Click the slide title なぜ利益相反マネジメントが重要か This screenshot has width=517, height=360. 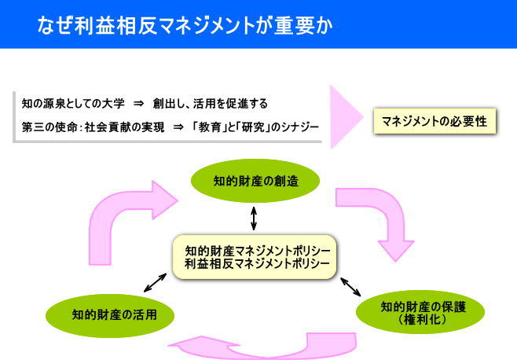[185, 26]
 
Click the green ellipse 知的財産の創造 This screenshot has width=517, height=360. [255, 181]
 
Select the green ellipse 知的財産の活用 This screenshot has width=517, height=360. [110, 315]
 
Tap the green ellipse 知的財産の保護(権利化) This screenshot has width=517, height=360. [420, 312]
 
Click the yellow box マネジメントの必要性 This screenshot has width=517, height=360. [434, 121]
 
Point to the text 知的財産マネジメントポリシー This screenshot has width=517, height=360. [258, 251]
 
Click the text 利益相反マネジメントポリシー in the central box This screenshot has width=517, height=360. [257, 263]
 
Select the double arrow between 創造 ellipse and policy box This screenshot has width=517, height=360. [254, 218]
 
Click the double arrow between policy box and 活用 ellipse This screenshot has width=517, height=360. [155, 283]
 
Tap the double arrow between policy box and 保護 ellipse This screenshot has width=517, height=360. [350, 287]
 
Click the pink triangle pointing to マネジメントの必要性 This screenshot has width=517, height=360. [346, 117]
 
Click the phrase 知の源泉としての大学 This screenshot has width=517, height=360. [73, 104]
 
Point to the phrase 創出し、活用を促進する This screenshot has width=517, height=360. [211, 104]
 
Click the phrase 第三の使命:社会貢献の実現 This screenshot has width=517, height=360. [93, 127]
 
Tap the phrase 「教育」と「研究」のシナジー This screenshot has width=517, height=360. [255, 127]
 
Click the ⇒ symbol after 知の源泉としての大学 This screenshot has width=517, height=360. [139, 104]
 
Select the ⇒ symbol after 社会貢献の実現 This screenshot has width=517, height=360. [178, 127]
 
